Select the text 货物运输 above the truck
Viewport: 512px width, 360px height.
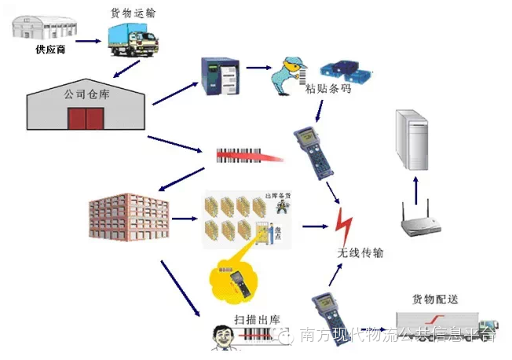point(133,12)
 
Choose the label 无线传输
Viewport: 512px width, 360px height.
point(360,253)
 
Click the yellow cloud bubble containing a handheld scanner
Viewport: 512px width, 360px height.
point(235,280)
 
